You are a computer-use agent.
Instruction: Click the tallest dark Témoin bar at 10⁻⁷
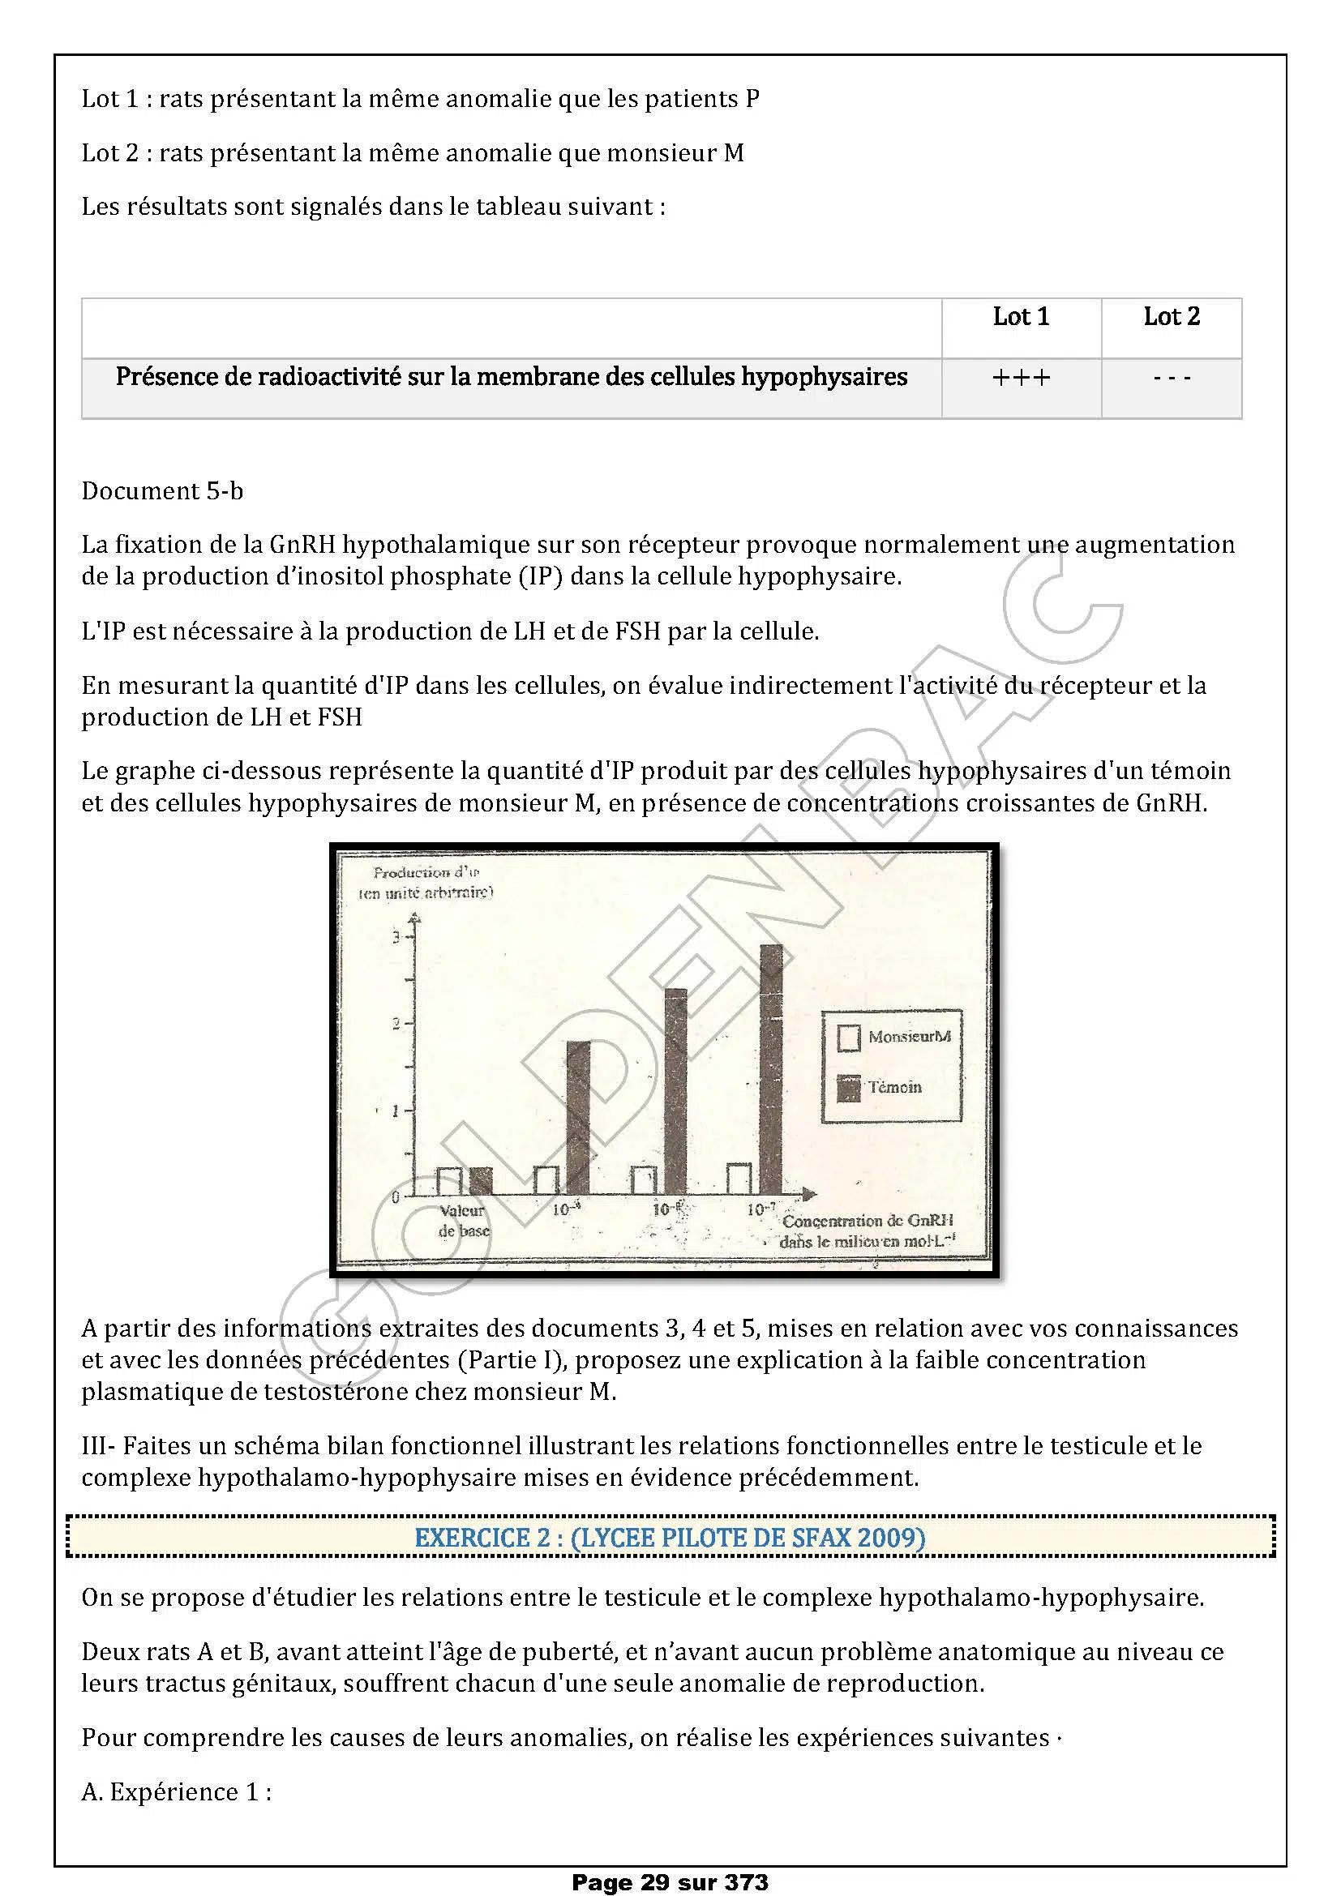click(x=770, y=1070)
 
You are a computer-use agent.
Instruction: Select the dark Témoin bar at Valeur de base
click(x=481, y=1182)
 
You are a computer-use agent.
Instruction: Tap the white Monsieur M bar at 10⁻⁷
click(x=739, y=1179)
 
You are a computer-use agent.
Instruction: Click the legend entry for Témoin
click(x=879, y=1088)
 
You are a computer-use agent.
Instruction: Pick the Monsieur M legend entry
click(x=895, y=1037)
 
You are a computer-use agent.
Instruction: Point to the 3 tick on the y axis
click(x=397, y=937)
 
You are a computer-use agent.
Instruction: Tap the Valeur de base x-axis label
click(x=463, y=1222)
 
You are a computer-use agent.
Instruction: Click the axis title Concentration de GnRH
click(x=868, y=1221)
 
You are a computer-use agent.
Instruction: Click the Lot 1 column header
click(x=1021, y=317)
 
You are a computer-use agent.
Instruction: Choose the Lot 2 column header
click(x=1171, y=317)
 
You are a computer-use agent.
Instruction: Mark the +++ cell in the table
click(x=1021, y=379)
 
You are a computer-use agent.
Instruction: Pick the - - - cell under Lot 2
click(x=1171, y=379)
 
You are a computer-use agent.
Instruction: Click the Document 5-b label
click(x=163, y=491)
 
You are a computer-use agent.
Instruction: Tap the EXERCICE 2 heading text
click(x=670, y=1538)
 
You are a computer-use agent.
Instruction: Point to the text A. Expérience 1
click(x=176, y=1792)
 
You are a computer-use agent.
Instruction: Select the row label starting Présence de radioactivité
click(x=511, y=378)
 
